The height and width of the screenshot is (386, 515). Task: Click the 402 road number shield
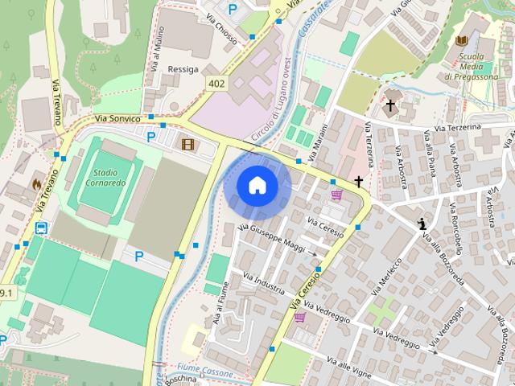click(x=216, y=83)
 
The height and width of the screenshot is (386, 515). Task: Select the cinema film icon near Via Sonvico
click(x=187, y=144)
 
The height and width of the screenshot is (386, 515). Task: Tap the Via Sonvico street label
click(x=117, y=118)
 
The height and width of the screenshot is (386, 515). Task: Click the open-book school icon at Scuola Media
click(x=462, y=40)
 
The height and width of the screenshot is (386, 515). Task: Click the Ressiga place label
click(x=183, y=70)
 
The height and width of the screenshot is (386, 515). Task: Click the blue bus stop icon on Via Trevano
click(x=39, y=228)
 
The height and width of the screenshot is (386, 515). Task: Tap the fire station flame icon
click(x=35, y=184)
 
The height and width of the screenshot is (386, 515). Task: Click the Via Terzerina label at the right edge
click(x=457, y=128)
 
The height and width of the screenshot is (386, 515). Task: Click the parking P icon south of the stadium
click(x=139, y=257)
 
